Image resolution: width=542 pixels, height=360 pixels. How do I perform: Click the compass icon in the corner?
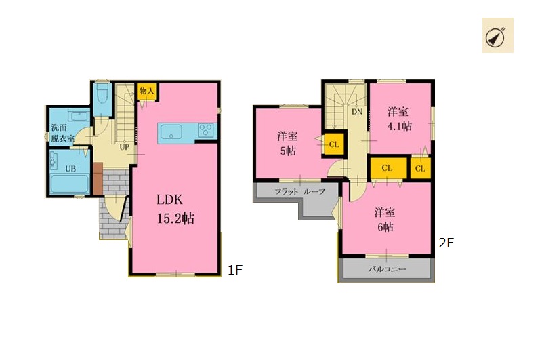click(x=497, y=36)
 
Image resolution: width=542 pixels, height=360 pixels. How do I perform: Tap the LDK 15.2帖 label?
click(x=175, y=209)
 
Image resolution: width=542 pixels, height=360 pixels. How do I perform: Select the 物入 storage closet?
click(x=146, y=92)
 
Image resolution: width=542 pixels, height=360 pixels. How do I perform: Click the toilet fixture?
click(x=102, y=94)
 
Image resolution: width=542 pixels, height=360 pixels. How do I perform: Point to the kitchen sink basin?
click(x=171, y=132)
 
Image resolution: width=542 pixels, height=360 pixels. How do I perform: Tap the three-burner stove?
click(x=206, y=131)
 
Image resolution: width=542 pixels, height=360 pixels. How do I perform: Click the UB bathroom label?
click(x=70, y=169)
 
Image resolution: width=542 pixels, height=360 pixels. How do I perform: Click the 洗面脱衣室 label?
click(x=62, y=133)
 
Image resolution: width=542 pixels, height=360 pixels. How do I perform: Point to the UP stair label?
click(x=125, y=147)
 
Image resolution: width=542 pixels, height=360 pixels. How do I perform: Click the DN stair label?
click(x=357, y=112)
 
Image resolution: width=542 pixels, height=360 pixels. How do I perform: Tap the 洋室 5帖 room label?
click(x=287, y=144)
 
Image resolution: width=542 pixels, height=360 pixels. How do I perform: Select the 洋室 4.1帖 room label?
click(x=399, y=119)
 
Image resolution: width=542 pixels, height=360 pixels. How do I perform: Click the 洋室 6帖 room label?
click(x=385, y=219)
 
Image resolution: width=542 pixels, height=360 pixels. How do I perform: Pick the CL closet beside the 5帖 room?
click(x=334, y=144)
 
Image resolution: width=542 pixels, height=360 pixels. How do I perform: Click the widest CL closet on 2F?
click(x=388, y=168)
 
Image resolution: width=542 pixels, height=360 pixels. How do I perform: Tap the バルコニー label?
click(x=387, y=268)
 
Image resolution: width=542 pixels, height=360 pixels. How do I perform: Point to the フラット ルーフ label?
click(x=300, y=192)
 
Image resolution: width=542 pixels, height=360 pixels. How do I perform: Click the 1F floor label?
click(x=235, y=270)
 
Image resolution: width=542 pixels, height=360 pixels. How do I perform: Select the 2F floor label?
click(x=446, y=243)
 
